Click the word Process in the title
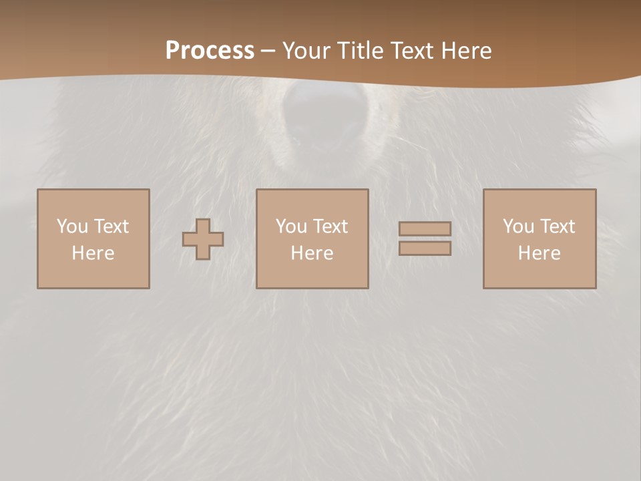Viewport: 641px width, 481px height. click(210, 51)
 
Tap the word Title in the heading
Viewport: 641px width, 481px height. click(361, 51)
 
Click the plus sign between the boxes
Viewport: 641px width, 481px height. click(203, 239)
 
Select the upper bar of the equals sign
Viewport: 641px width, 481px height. click(425, 229)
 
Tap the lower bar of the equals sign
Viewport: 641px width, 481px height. click(425, 249)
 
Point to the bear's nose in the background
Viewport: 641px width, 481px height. click(327, 110)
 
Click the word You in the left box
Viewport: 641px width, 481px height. click(73, 226)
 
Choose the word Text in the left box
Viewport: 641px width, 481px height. click(111, 226)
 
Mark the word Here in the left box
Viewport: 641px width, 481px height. click(93, 253)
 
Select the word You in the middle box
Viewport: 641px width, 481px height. click(292, 226)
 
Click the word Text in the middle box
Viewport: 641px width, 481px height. click(330, 226)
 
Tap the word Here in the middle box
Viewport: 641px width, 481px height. click(312, 253)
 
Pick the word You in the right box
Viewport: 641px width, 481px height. click(519, 226)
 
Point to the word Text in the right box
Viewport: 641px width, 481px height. click(557, 226)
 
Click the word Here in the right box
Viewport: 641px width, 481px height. click(539, 253)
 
